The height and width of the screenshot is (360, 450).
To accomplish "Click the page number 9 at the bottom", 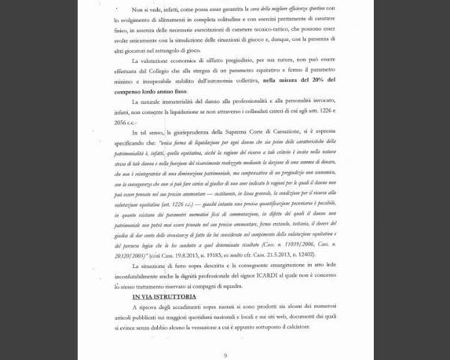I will coord(225,355).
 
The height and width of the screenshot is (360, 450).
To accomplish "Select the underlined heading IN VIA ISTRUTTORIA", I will coord(164,296).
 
